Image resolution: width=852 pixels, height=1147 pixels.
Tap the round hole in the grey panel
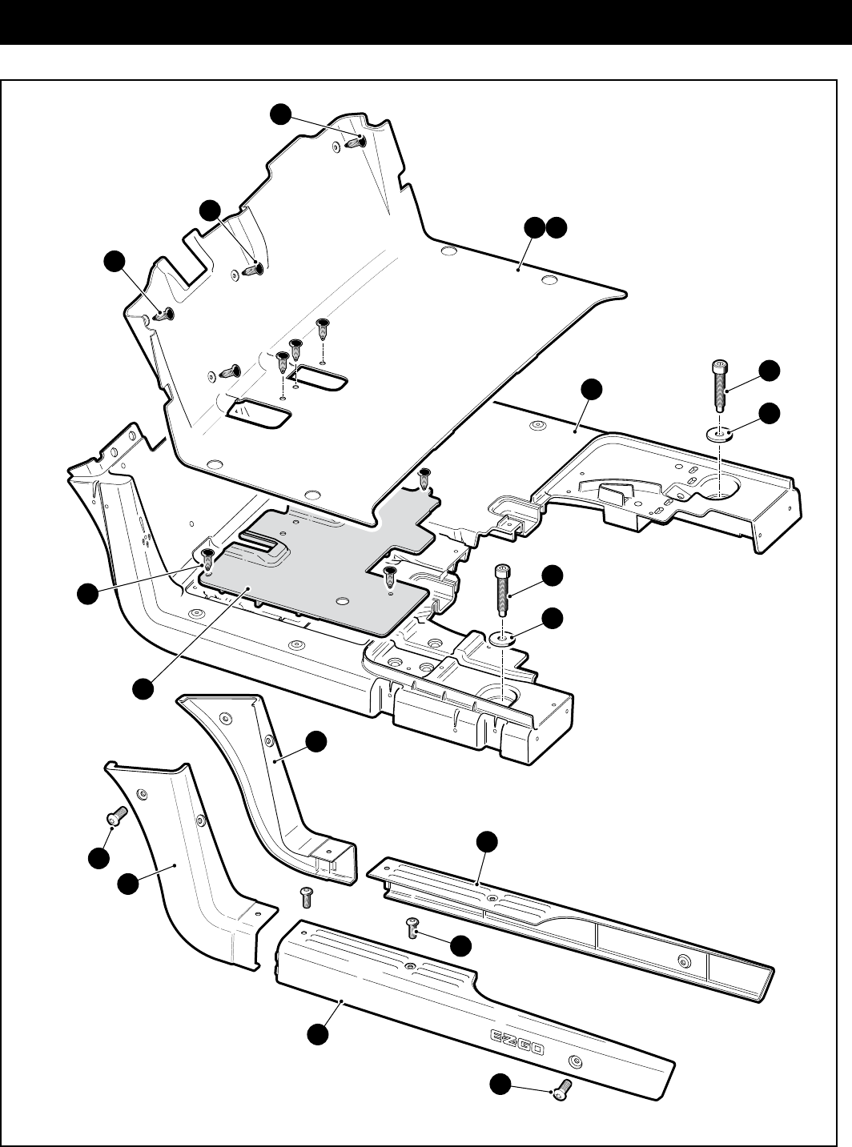(x=342, y=600)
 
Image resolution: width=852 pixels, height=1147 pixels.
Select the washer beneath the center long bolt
(x=502, y=638)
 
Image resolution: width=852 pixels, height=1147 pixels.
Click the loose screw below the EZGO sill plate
(x=560, y=1089)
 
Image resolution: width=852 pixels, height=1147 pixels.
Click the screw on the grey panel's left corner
(x=207, y=555)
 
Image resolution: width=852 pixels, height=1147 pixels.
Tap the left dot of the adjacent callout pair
(x=536, y=228)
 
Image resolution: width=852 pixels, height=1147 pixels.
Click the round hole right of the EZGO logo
(x=574, y=1062)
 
